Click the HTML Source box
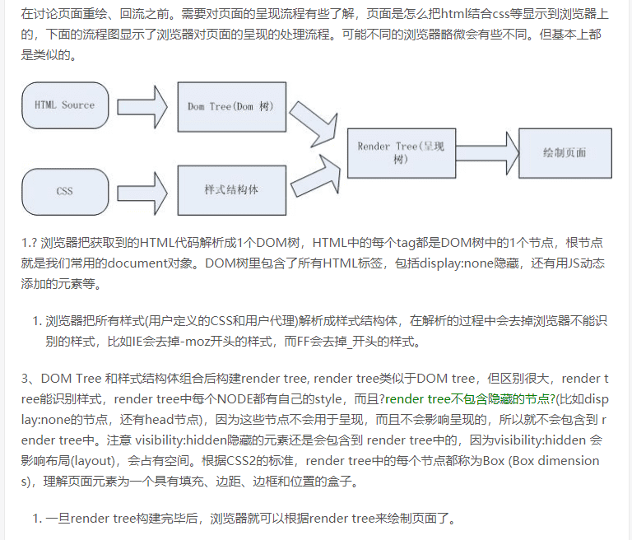(x=65, y=106)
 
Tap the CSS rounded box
(x=65, y=190)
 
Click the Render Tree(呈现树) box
(x=400, y=153)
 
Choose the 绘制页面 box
(x=565, y=153)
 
